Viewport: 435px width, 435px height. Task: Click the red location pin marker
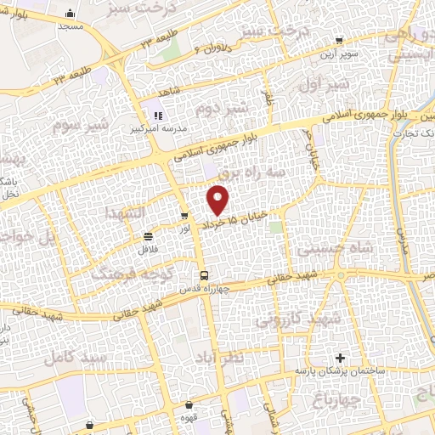[218, 200]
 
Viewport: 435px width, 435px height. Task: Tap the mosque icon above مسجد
[70, 14]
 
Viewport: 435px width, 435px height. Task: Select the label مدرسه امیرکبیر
[157, 130]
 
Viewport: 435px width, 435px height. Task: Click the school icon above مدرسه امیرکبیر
[156, 116]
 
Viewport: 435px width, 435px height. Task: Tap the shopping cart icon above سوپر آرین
[340, 40]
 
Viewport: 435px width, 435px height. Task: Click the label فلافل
[149, 250]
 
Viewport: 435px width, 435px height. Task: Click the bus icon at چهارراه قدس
[204, 275]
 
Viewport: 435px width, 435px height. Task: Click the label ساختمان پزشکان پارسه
[340, 372]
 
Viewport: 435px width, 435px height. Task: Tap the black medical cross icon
[341, 359]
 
